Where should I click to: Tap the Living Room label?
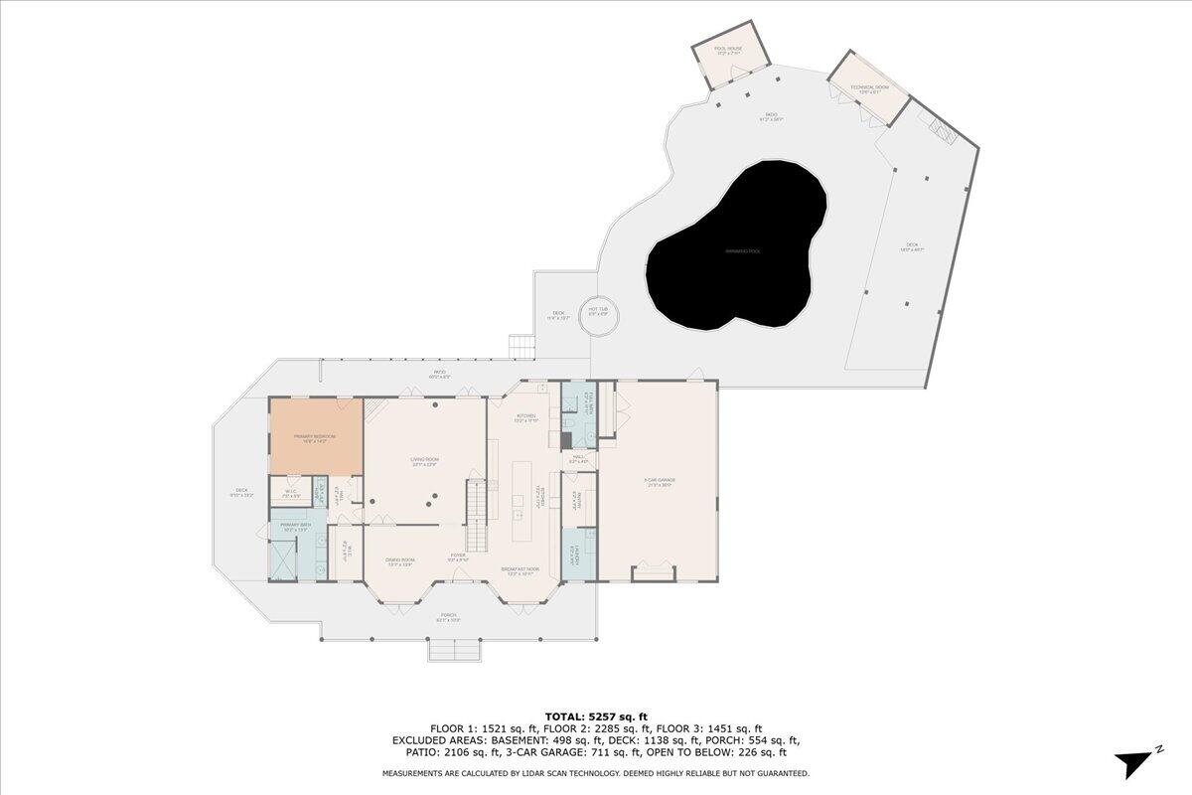point(425,460)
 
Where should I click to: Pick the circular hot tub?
point(600,316)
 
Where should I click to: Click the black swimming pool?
point(735,248)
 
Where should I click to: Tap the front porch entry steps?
point(454,650)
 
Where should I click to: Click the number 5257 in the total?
point(606,715)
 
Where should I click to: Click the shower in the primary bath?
point(282,561)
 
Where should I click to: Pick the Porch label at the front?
point(449,616)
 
